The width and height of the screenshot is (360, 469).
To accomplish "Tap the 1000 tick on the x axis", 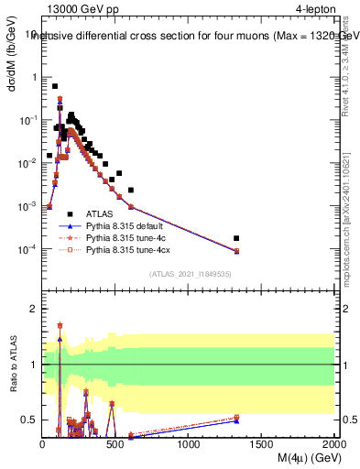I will coord(189,444).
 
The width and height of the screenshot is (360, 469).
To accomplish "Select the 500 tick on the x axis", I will coord(115,444).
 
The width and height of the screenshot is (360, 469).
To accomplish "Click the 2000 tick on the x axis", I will coord(333,444).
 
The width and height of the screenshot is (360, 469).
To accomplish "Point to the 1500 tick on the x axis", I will coord(262,444).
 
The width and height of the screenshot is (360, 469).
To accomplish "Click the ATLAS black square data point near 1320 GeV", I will coord(236,238).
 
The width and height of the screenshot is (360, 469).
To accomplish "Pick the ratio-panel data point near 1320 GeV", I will coord(236,419).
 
